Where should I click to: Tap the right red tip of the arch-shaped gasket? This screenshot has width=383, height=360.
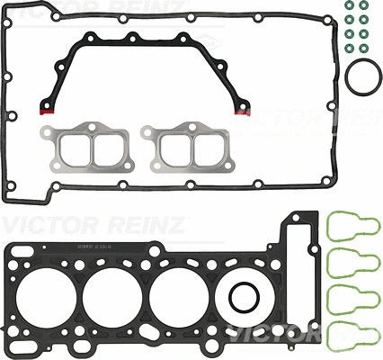click(240, 112)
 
